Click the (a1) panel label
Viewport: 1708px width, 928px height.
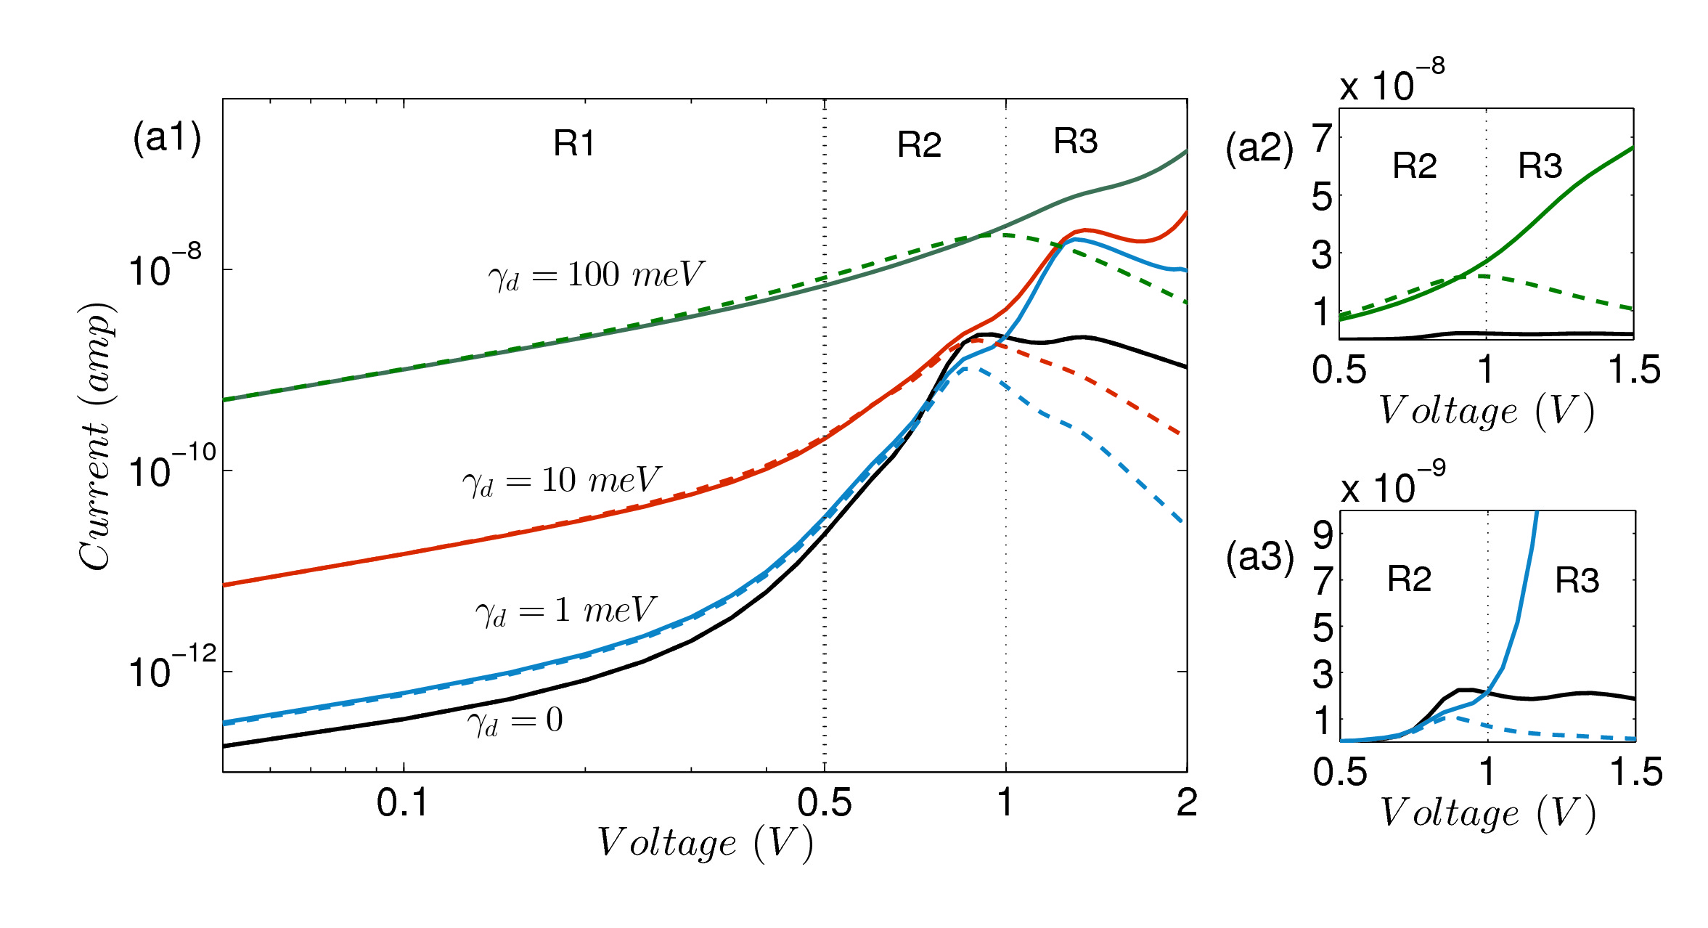click(166, 137)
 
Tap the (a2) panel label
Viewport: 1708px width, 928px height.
click(1259, 149)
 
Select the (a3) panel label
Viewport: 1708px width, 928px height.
click(1259, 558)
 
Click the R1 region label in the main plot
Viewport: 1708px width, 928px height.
click(574, 143)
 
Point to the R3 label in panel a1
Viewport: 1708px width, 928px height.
click(1075, 142)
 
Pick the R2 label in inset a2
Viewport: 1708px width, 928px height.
click(1414, 166)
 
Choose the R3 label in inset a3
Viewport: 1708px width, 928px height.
click(1577, 581)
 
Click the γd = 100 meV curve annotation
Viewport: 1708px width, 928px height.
click(595, 276)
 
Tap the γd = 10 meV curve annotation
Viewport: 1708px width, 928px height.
click(561, 481)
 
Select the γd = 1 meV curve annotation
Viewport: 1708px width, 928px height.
click(565, 611)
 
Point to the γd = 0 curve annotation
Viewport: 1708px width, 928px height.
click(515, 721)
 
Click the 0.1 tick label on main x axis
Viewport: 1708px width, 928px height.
click(403, 803)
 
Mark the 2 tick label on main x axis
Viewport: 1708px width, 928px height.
click(1187, 803)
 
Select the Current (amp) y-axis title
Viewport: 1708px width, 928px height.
click(96, 436)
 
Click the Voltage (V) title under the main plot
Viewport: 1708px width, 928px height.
click(704, 844)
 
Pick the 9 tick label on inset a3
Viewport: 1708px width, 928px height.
click(1323, 536)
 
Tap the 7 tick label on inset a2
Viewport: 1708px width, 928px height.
click(1323, 138)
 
